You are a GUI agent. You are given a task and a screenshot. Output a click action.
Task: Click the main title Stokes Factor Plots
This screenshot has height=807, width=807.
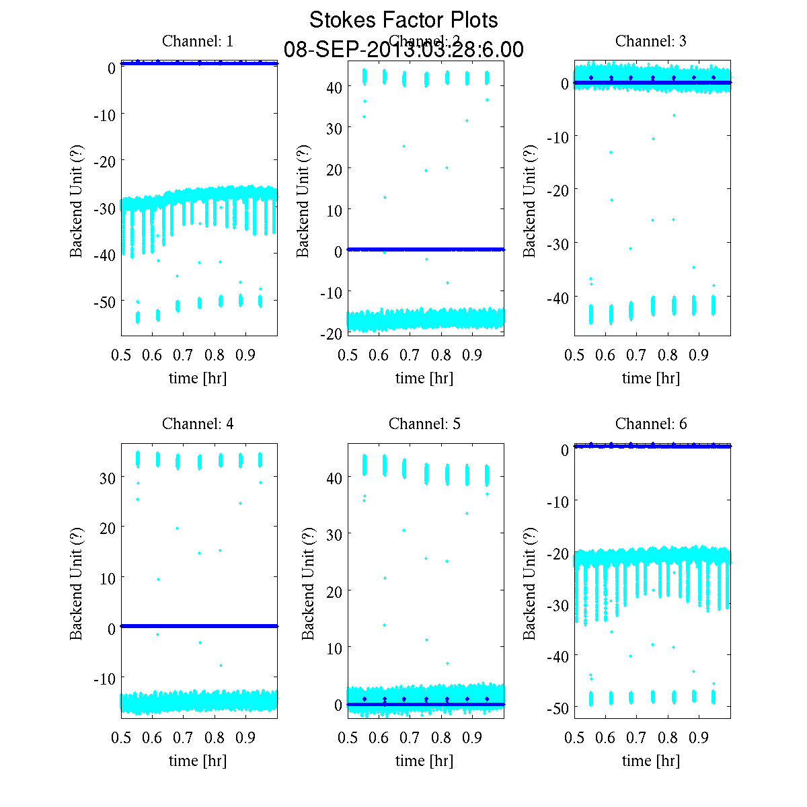(x=403, y=20)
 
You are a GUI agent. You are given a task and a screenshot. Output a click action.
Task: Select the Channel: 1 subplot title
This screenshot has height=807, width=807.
(x=198, y=41)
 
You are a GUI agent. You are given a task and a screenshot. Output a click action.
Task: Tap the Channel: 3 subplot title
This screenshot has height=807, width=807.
(x=651, y=41)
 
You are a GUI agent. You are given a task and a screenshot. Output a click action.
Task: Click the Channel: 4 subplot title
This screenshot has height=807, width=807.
(x=198, y=424)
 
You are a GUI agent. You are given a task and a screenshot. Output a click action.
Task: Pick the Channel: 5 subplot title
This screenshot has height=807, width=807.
(x=424, y=424)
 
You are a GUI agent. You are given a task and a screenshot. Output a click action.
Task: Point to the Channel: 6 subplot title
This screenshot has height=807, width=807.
(x=651, y=424)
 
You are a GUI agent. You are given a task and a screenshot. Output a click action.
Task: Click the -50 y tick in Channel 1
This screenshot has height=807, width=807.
(x=104, y=301)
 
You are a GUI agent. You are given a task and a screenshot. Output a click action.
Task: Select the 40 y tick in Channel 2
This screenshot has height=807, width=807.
(x=334, y=87)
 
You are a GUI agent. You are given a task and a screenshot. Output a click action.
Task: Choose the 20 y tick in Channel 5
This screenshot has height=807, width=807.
(x=334, y=591)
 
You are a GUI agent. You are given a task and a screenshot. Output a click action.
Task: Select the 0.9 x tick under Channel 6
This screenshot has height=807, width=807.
(x=699, y=738)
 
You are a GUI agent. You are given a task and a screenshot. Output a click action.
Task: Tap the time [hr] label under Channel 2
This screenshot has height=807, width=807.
(x=424, y=378)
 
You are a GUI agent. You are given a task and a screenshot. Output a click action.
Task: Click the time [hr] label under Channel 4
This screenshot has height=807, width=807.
(x=198, y=761)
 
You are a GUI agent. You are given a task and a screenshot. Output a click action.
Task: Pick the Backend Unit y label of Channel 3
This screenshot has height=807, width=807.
(x=530, y=200)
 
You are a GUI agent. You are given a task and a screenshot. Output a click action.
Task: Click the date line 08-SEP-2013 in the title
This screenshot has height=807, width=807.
(x=403, y=50)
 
